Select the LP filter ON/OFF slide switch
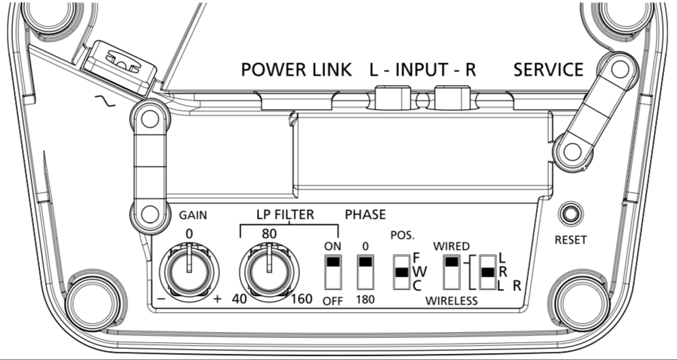point(333,272)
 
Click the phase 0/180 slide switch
point(366,272)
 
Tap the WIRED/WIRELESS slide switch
point(451,272)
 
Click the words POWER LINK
point(296,70)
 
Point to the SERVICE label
point(548,70)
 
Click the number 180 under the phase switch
point(366,300)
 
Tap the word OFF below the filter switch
point(333,300)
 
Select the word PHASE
point(365,215)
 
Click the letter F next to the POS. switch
point(418,258)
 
